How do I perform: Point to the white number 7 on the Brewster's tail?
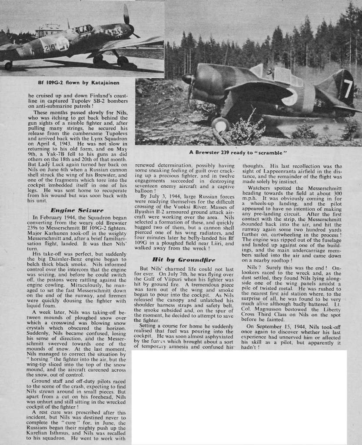[347, 89]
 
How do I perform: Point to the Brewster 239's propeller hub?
[188, 79]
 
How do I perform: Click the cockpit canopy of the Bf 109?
[83, 30]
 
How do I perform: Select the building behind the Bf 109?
[49, 30]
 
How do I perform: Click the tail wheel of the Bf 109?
[7, 66]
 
